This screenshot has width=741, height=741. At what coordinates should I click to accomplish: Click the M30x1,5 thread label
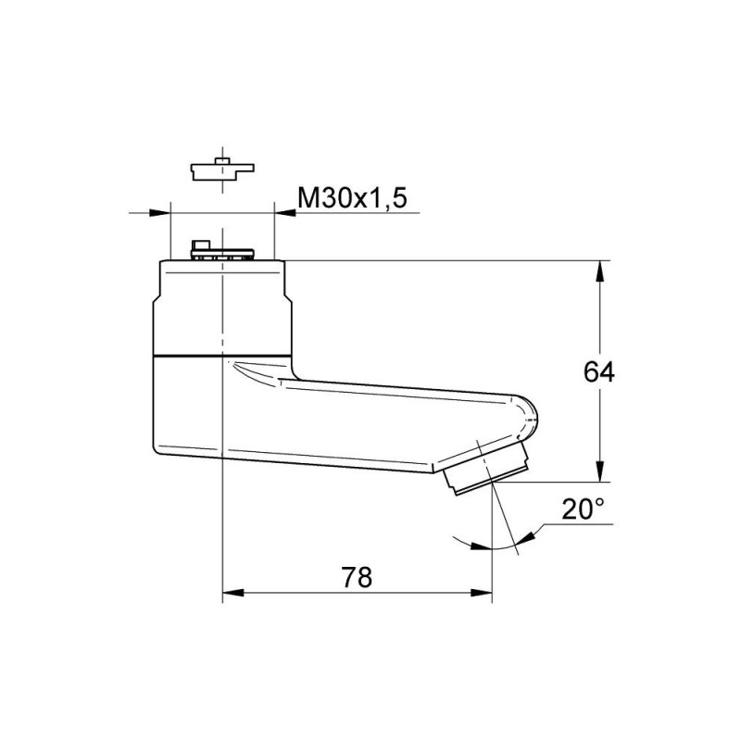(x=352, y=198)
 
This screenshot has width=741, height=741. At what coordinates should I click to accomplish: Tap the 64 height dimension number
(x=598, y=372)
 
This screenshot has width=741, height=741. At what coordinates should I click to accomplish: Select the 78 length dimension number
(x=357, y=577)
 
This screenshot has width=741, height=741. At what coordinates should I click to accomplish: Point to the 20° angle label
(x=583, y=509)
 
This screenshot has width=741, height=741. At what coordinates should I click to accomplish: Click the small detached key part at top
(x=222, y=170)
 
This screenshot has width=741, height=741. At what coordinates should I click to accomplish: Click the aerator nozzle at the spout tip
(x=485, y=469)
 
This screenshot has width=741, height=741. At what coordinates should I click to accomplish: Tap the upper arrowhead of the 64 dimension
(x=600, y=271)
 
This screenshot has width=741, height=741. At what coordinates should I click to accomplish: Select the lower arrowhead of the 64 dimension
(x=600, y=471)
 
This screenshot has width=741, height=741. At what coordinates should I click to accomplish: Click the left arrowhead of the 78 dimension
(x=233, y=593)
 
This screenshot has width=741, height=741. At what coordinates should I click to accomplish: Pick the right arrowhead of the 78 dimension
(x=482, y=593)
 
